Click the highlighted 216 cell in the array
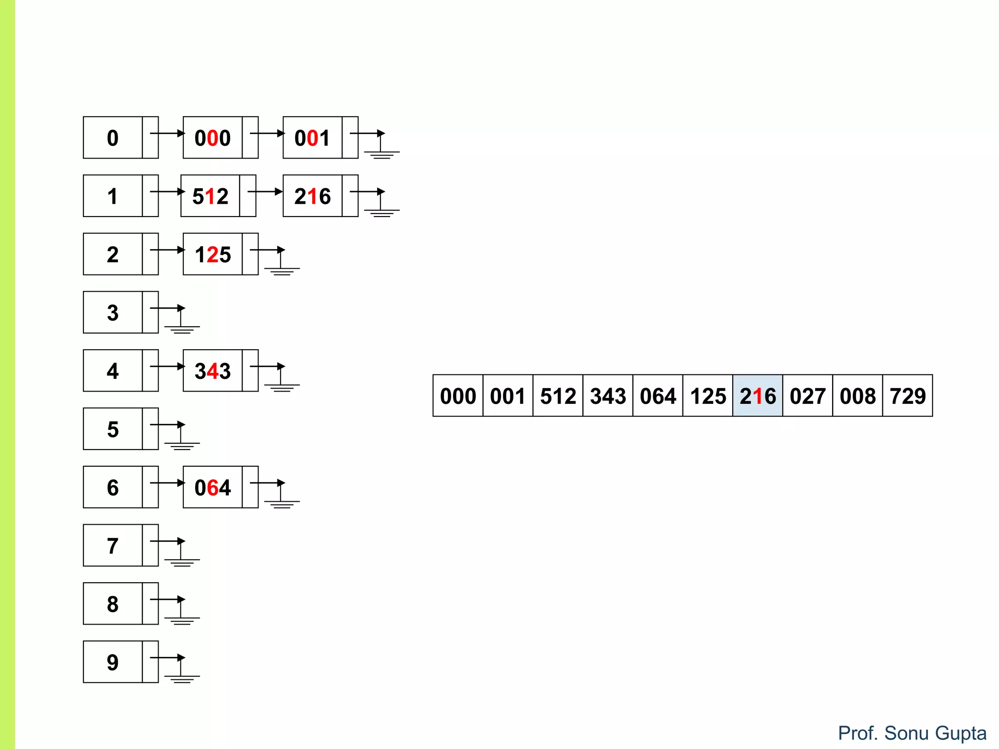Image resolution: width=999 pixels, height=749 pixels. point(758,395)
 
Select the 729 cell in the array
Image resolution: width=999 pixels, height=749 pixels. point(907,395)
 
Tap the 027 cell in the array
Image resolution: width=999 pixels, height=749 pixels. point(807,395)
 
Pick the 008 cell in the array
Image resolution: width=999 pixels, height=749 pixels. point(858,395)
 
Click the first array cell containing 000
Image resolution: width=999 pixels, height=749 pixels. point(458,395)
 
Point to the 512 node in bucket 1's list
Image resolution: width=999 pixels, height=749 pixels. point(211,196)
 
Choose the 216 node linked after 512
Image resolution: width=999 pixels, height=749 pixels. point(313,196)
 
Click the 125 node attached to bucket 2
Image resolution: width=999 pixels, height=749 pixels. point(213,254)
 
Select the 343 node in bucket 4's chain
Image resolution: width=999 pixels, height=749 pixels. point(213,371)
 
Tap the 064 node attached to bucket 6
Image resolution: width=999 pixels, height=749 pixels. point(213,487)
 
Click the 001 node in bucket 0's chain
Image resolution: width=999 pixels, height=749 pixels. point(313,138)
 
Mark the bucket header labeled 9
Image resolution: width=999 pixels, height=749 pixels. point(113,662)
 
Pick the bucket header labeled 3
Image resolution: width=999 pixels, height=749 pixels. point(113,312)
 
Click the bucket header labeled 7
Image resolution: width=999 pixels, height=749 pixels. point(113,545)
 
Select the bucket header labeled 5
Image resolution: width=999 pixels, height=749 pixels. point(113,429)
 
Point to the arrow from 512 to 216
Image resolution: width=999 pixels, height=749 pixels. point(265,192)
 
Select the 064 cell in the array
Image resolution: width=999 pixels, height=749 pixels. point(658,395)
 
